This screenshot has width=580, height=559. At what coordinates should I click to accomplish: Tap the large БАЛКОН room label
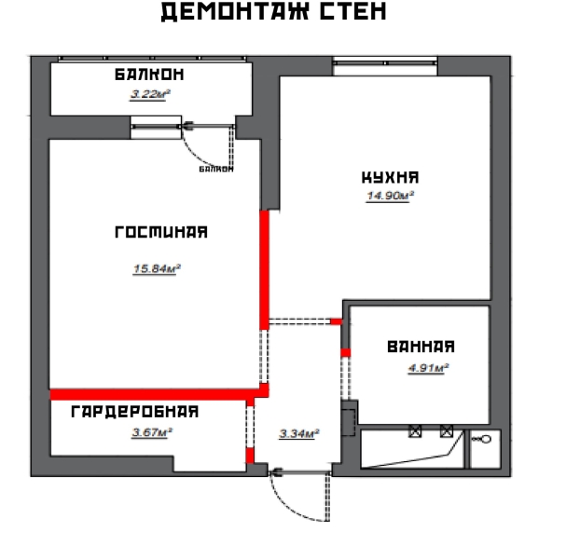coord(149,75)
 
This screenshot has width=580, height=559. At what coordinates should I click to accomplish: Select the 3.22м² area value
coord(149,94)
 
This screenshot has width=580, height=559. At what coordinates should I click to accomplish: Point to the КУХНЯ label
coord(390,177)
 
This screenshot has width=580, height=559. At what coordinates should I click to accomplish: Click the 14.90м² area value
coord(390,197)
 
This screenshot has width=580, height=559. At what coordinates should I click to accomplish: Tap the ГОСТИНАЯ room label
coord(160,233)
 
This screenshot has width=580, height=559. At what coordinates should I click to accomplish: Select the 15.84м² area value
coord(157,269)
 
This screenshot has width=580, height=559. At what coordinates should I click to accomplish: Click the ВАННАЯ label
coord(421,348)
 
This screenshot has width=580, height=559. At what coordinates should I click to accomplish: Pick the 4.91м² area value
coord(428,368)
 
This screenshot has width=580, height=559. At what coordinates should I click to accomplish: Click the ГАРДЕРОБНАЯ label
coord(135,411)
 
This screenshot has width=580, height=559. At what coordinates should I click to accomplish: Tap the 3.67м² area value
coord(152,431)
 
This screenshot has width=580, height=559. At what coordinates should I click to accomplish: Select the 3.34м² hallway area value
coord(299,433)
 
